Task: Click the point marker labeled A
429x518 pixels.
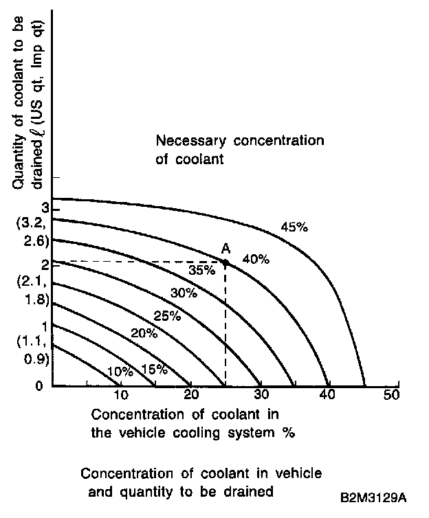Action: point(225,262)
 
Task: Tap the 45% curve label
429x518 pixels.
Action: point(294,227)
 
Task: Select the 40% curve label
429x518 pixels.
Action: point(256,259)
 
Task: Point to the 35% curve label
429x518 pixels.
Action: point(202,270)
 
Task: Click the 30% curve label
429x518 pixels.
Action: point(184,293)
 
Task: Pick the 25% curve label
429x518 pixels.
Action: point(167,316)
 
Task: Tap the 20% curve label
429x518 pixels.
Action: point(144,334)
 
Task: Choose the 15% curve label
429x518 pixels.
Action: point(155,369)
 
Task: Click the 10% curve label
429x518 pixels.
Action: point(121,372)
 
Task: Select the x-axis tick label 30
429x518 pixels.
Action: point(261,395)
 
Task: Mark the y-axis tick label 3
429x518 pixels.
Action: point(44,208)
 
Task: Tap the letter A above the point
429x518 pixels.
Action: point(225,249)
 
